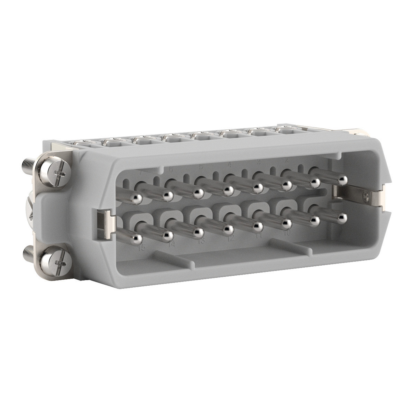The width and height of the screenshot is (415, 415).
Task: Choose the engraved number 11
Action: pos(259,235)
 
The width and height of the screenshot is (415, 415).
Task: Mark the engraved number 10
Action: pos(287,232)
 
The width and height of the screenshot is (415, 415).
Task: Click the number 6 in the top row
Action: pos(170,170)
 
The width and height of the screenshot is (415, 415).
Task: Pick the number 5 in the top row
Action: pos(201,167)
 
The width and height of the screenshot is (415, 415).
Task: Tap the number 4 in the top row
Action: pos(229,164)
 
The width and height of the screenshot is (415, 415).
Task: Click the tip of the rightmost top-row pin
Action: pos(343,180)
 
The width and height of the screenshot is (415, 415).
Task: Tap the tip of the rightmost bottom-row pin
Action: pos(342,217)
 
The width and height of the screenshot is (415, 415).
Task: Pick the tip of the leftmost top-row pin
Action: pos(137,198)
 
